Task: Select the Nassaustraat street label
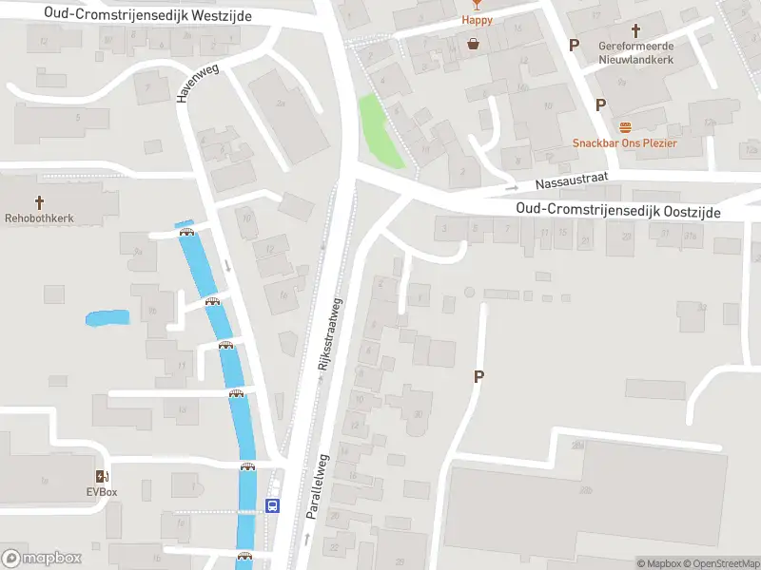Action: point(570,182)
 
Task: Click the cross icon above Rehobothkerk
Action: point(40,202)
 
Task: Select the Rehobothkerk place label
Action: point(40,218)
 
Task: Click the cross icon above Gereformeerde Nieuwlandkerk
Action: point(635,31)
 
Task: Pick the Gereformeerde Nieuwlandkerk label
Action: point(635,52)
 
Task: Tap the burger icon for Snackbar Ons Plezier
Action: point(625,127)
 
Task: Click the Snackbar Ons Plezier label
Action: point(625,143)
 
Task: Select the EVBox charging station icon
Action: point(101,477)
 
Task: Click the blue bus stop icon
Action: point(273,505)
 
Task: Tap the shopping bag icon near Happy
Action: point(473,43)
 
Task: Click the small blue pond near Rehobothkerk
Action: point(107,318)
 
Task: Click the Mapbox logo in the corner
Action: point(41,559)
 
